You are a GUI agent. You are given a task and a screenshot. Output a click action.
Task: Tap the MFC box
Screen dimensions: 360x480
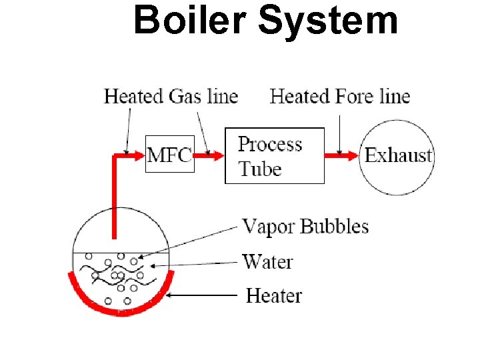click(169, 155)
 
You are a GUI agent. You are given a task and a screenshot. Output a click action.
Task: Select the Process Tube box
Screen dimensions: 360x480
click(274, 155)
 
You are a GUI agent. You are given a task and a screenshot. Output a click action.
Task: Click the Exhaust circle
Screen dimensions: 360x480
click(397, 156)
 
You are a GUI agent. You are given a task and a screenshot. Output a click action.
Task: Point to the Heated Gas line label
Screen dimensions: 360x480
click(171, 97)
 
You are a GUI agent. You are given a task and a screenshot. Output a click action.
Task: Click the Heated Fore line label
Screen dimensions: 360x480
click(340, 97)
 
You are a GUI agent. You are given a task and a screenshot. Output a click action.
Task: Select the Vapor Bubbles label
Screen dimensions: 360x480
click(305, 227)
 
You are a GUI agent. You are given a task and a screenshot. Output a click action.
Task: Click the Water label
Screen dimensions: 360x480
click(267, 261)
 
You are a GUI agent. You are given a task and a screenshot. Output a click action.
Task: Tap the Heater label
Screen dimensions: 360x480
click(274, 295)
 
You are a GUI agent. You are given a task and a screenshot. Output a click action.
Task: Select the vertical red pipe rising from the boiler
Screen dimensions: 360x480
click(115, 200)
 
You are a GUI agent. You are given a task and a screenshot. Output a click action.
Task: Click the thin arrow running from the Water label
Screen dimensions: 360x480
click(197, 264)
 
